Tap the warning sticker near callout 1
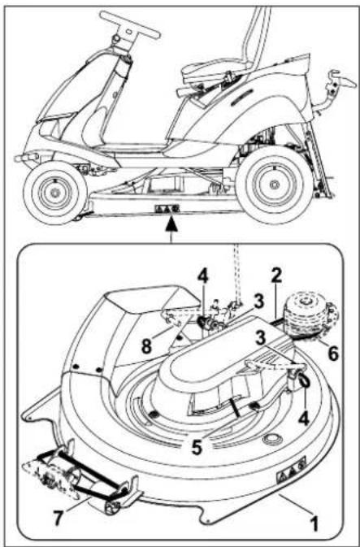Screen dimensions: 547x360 point(293,466)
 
